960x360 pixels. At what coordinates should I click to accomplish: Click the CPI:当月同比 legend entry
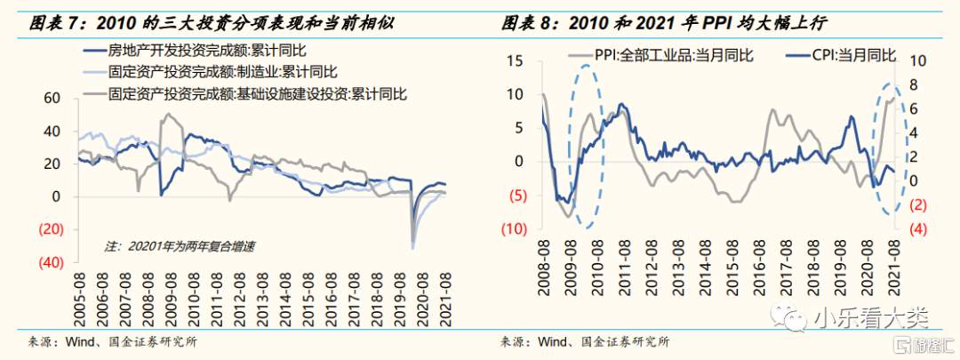[x=852, y=55]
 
